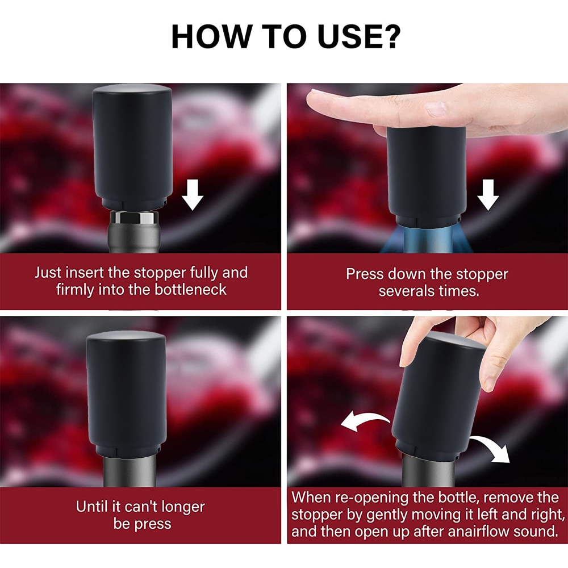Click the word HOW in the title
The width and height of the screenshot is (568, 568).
pyautogui.click(x=211, y=36)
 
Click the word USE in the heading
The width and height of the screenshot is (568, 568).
pyautogui.click(x=346, y=36)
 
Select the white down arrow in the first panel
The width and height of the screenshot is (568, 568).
pyautogui.click(x=193, y=194)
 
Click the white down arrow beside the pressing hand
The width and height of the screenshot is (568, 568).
pyautogui.click(x=488, y=194)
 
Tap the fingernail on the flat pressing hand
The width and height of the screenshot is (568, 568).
pyautogui.click(x=435, y=108)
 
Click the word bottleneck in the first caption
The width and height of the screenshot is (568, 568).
pyautogui.click(x=190, y=290)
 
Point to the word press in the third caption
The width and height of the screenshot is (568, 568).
pyautogui.click(x=153, y=524)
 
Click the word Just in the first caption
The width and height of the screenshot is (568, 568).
pyautogui.click(x=48, y=273)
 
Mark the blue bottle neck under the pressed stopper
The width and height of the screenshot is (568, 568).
pyautogui.click(x=428, y=240)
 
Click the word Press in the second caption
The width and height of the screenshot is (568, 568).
pyautogui.click(x=365, y=274)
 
